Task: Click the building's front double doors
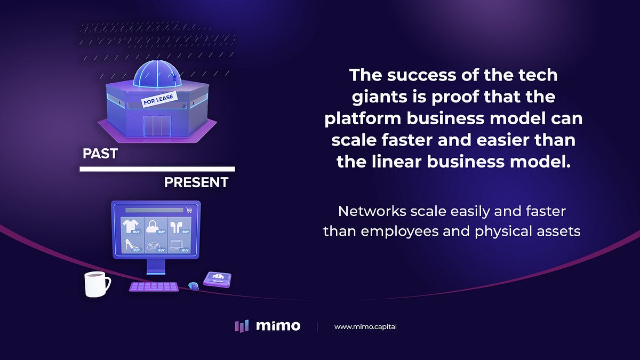tap(157, 125)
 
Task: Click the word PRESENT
tap(196, 183)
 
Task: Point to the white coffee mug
tap(96, 284)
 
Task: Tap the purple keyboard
tap(154, 287)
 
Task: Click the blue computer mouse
tap(193, 286)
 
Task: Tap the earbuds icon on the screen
tap(176, 226)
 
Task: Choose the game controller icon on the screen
tap(153, 246)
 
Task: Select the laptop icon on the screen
tap(176, 246)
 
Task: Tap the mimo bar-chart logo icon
tap(241, 326)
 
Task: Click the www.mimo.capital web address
tap(365, 326)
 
